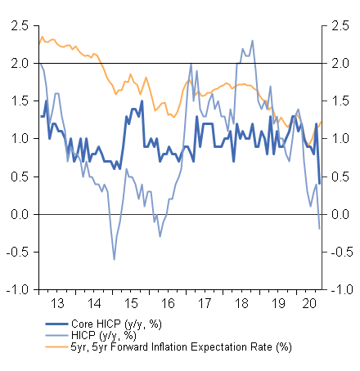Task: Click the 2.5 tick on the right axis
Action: pos(339,25)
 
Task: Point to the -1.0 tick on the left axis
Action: pos(16,290)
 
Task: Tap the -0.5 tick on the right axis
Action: pos(339,252)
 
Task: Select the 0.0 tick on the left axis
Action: pos(18,214)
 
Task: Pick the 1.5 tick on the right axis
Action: pos(339,101)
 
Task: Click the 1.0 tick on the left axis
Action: pos(18,139)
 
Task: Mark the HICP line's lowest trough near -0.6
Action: pos(114,259)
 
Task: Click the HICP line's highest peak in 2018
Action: pos(252,41)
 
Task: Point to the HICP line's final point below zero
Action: pos(319,229)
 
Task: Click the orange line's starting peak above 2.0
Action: pos(42,36)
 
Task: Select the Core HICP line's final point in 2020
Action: pos(319,183)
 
